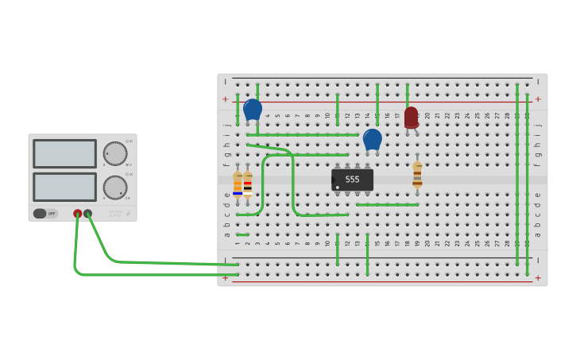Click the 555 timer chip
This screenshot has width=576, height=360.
click(352, 180)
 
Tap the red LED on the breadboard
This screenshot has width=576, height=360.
click(411, 118)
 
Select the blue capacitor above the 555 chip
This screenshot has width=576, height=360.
click(373, 140)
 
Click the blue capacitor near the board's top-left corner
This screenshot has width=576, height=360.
click(253, 110)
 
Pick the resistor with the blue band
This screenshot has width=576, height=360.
click(238, 184)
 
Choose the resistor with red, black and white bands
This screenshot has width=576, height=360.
click(248, 184)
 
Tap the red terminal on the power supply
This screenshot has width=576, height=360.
click(78, 214)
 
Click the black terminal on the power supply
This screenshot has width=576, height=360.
click(88, 214)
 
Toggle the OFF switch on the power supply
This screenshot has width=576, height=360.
click(45, 213)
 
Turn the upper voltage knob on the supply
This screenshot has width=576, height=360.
click(114, 153)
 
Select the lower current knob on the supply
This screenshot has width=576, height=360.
click(114, 188)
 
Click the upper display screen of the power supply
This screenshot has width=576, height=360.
click(64, 153)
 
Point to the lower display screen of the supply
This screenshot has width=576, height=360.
click(64, 187)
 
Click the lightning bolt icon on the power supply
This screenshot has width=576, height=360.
click(128, 214)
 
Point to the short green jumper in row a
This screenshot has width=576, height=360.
click(242, 234)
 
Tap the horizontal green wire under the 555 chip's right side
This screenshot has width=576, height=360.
click(387, 205)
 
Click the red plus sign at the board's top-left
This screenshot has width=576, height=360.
click(226, 99)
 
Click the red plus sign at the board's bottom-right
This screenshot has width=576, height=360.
click(538, 277)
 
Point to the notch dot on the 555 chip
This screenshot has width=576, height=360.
click(338, 188)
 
